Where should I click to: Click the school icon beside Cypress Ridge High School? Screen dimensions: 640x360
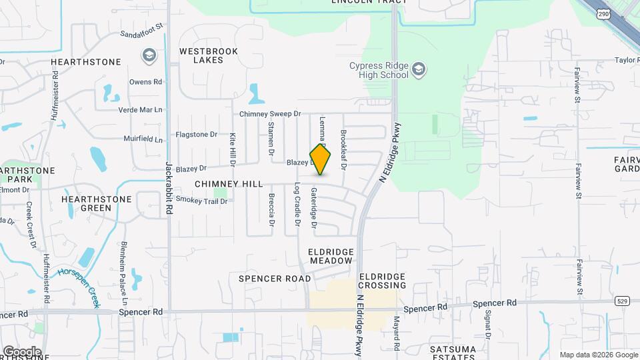point(419,69)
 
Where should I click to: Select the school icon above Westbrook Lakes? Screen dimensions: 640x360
point(150,55)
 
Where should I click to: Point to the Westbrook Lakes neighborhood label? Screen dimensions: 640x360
point(200,55)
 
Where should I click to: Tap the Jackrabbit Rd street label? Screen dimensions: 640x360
point(169,188)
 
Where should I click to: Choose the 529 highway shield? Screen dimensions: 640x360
point(621,301)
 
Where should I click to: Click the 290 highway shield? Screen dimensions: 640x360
point(603,13)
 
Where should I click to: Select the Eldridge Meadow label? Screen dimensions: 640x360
point(330,256)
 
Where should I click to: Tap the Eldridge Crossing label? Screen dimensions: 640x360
point(382,281)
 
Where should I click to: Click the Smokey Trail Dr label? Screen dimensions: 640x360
point(202,201)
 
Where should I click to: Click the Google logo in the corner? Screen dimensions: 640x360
point(22,351)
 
